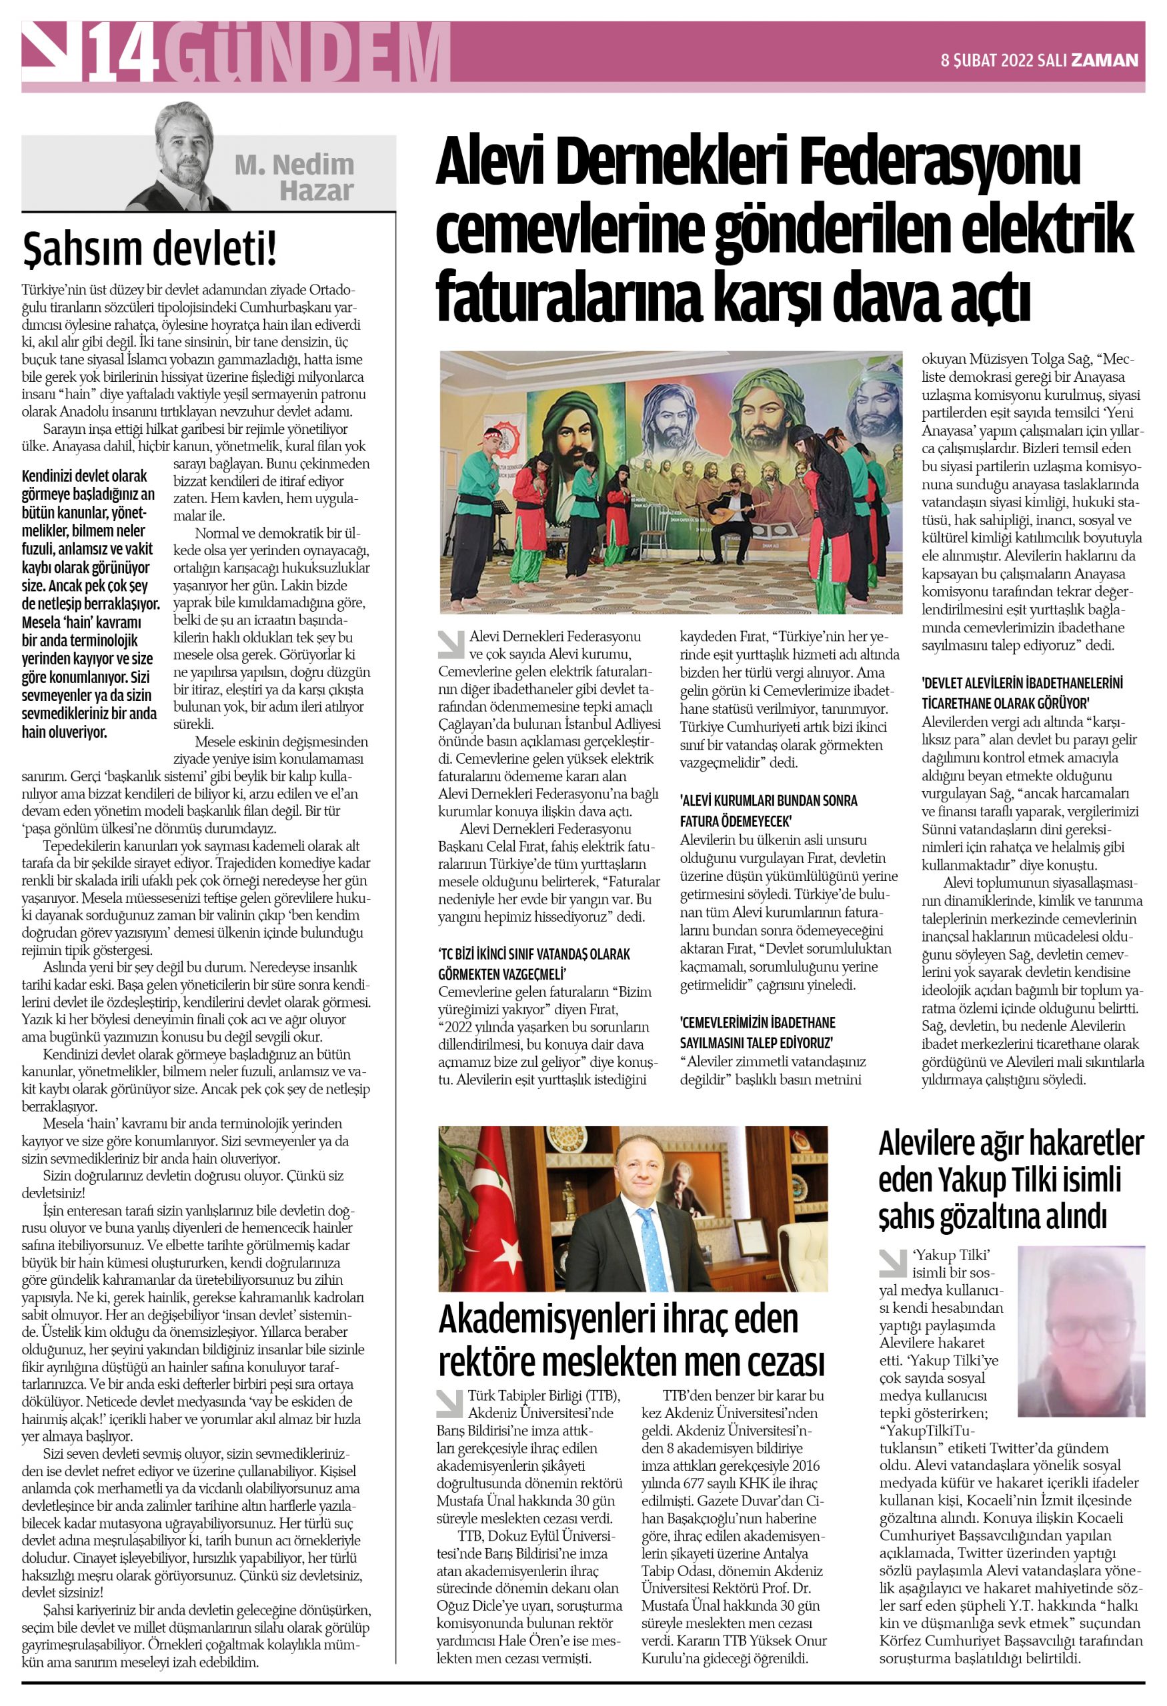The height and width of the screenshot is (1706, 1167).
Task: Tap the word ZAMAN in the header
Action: [x=1104, y=60]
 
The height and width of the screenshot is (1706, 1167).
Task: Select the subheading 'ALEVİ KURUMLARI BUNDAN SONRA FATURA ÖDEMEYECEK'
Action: [x=768, y=810]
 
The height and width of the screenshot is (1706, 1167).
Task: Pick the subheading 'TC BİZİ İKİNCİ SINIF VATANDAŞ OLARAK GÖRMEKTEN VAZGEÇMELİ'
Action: [x=534, y=964]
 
